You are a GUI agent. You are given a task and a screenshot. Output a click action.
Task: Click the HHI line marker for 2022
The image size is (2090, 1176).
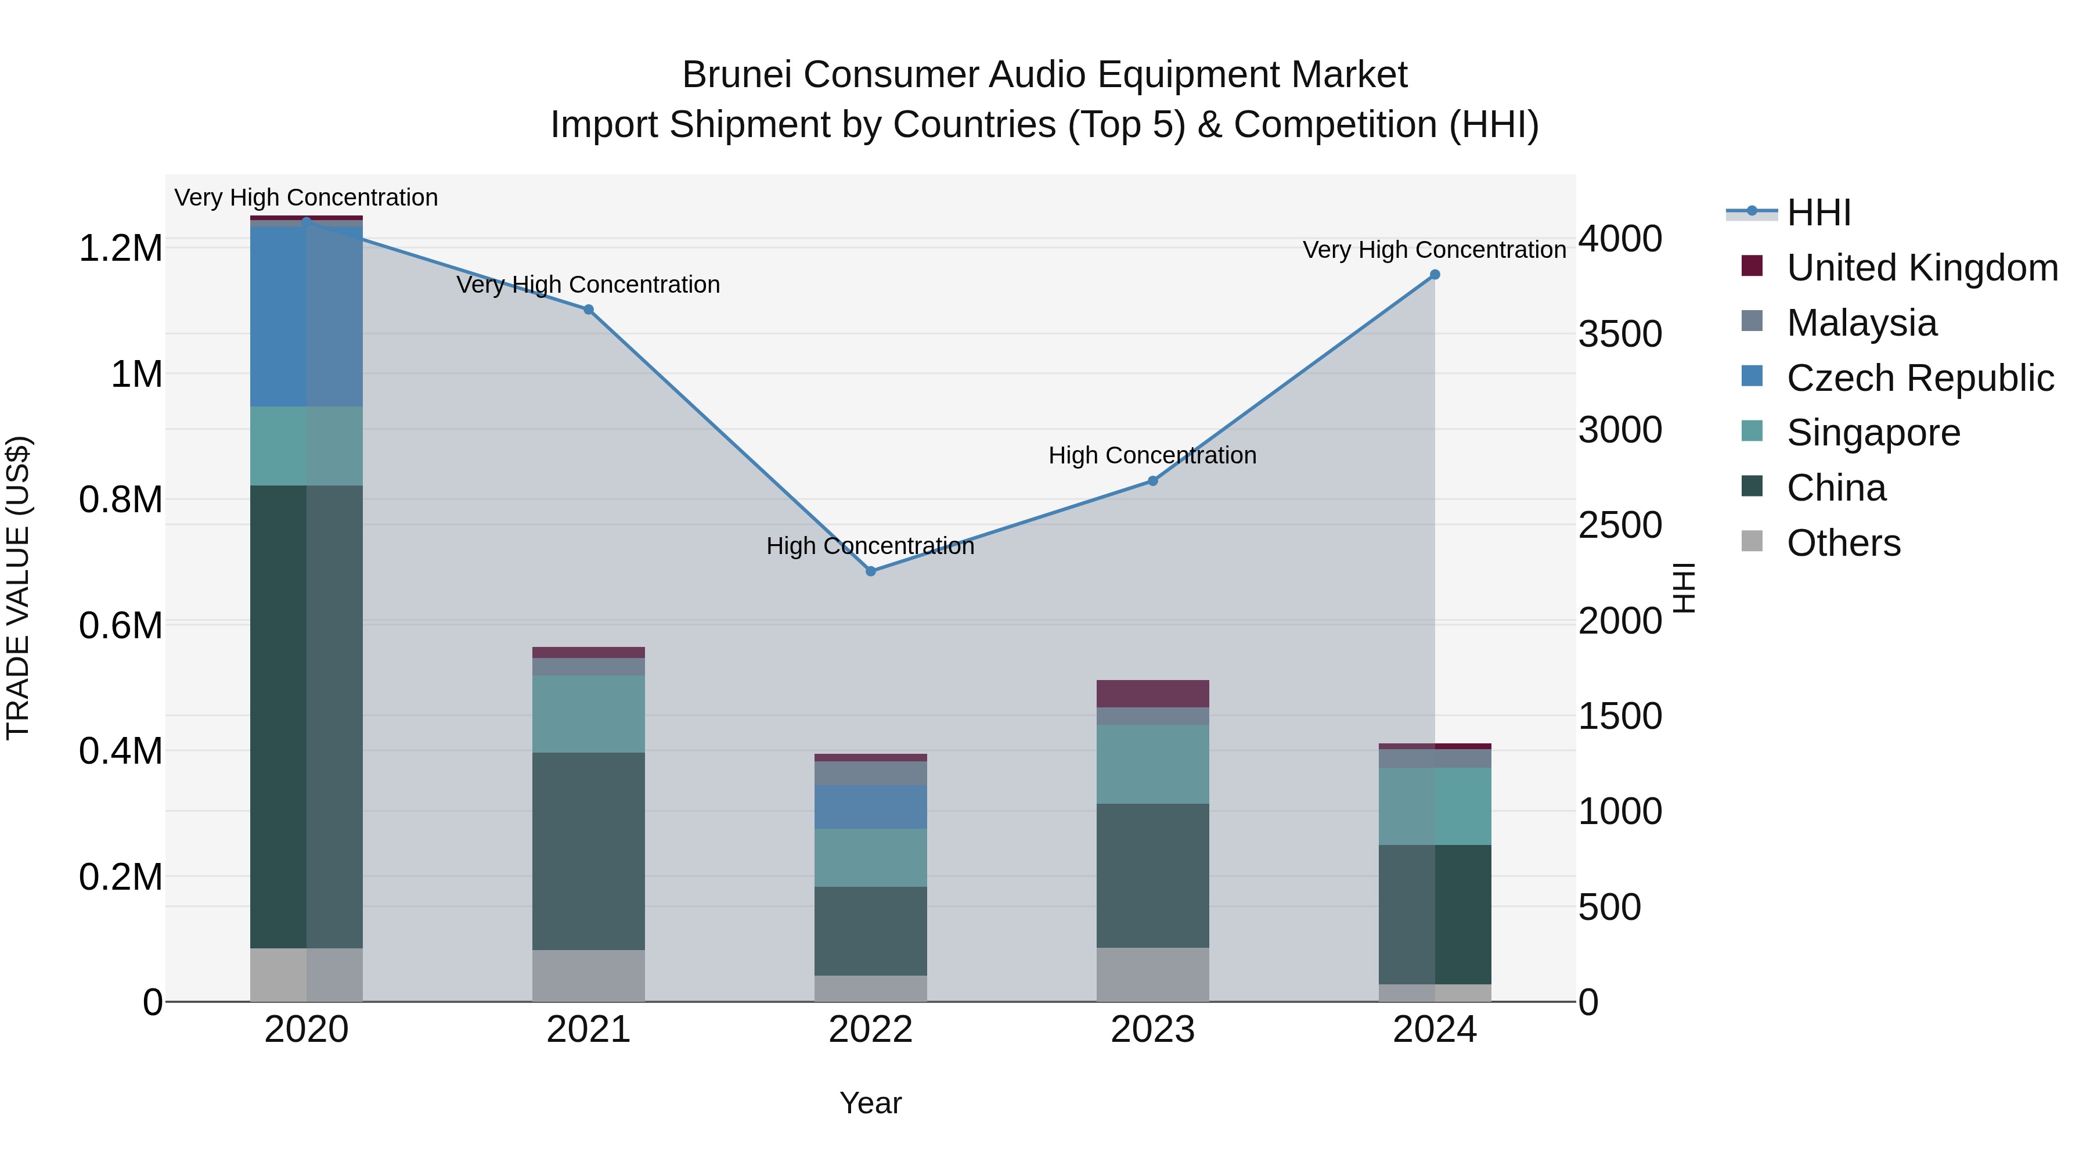[x=871, y=571]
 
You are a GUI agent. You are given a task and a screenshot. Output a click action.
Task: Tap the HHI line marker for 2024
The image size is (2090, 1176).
[x=1435, y=275]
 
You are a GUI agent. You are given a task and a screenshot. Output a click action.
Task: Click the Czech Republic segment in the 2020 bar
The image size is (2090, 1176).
[x=306, y=317]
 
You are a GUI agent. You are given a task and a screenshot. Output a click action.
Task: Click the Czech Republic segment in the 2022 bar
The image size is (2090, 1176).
[x=871, y=807]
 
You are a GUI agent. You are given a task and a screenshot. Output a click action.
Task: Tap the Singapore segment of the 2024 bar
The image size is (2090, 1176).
[x=1435, y=806]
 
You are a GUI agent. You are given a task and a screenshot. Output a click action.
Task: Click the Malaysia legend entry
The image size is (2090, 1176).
[x=1861, y=323]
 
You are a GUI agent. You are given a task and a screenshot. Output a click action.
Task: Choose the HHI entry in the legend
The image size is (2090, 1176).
[x=1818, y=213]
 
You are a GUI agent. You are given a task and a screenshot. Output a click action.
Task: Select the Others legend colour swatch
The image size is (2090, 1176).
[x=1752, y=541]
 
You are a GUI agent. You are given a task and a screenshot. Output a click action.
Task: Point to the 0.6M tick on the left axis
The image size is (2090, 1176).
[x=120, y=625]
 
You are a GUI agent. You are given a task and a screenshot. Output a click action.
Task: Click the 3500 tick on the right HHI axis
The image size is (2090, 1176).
[x=1619, y=335]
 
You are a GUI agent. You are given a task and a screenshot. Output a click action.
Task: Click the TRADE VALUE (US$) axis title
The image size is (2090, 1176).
[x=18, y=588]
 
